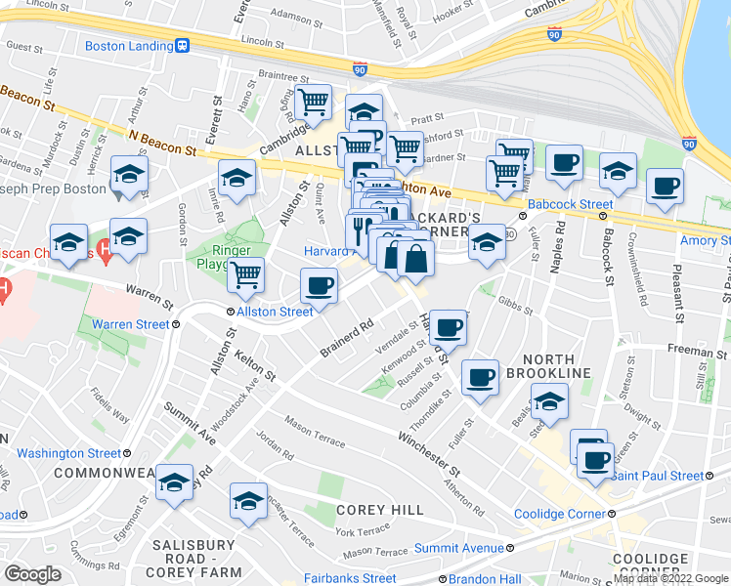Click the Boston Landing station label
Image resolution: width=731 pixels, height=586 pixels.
pyautogui.click(x=128, y=46)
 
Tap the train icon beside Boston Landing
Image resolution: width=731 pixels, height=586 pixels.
pyautogui.click(x=181, y=46)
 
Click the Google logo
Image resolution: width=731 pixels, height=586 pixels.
pyautogui.click(x=32, y=574)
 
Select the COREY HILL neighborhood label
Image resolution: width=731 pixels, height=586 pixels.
pyautogui.click(x=380, y=510)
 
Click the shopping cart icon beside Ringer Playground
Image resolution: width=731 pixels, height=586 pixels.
pyautogui.click(x=246, y=274)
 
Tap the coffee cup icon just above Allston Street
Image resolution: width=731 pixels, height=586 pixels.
pyautogui.click(x=319, y=286)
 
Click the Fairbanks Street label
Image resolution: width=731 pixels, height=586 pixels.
pyautogui.click(x=349, y=578)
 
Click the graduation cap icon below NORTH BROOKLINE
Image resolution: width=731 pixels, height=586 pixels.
pyautogui.click(x=549, y=401)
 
